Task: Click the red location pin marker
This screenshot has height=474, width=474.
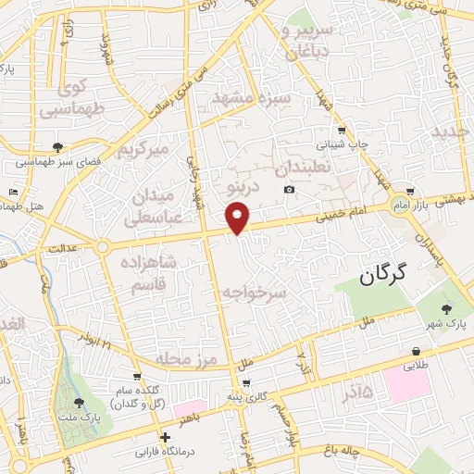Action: [238, 218]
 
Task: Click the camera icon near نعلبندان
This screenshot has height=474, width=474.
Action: [290, 190]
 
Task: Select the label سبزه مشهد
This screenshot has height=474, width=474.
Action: [251, 97]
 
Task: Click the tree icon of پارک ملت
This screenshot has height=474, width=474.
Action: [79, 404]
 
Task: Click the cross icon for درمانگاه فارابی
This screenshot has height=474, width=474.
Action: [165, 437]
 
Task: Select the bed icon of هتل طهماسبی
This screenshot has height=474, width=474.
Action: [11, 192]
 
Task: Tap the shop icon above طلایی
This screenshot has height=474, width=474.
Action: [417, 351]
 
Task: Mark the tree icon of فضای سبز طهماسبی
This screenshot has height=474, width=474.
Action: [58, 146]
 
